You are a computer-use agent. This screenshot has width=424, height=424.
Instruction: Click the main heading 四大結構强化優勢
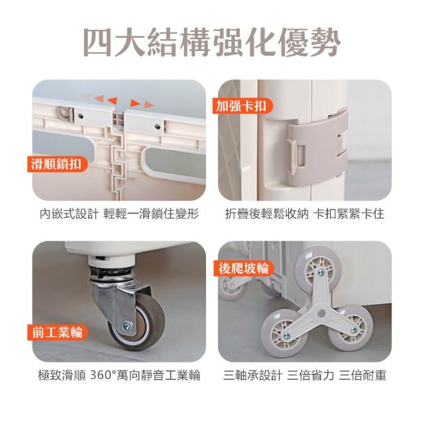[212, 42]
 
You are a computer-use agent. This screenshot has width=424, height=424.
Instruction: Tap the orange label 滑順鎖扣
[57, 164]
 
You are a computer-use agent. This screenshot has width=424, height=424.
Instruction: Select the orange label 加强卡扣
[242, 106]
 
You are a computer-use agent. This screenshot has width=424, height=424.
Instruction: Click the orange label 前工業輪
[58, 333]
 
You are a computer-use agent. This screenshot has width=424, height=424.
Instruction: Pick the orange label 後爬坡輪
[244, 268]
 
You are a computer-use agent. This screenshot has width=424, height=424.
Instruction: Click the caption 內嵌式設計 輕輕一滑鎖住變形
[119, 214]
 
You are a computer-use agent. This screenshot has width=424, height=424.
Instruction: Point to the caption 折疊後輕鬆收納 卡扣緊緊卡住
[305, 214]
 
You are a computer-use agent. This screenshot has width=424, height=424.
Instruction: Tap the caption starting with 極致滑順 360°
[119, 376]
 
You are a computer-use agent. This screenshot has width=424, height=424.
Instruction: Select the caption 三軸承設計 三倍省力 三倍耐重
[305, 376]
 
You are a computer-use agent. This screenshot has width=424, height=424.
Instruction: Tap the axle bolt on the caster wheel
[127, 326]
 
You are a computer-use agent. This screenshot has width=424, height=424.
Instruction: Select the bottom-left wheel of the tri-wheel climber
[284, 333]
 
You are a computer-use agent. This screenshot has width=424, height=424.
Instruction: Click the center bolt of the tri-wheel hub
[321, 313]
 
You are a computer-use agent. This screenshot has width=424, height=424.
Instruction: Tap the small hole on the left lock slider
[80, 117]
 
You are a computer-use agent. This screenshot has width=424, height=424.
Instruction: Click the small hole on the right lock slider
[157, 127]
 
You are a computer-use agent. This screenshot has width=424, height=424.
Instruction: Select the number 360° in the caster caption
[103, 376]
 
